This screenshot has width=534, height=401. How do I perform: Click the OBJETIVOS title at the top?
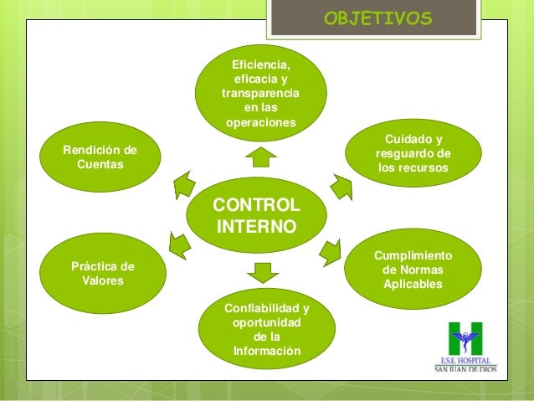[x=377, y=18]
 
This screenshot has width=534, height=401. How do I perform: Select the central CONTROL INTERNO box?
[x=259, y=216]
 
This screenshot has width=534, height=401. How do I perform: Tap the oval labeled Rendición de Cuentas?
[x=100, y=157]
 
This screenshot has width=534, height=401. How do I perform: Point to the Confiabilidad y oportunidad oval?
[x=266, y=329]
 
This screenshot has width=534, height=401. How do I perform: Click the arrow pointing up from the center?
[x=262, y=156]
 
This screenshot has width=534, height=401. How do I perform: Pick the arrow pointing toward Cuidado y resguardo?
[x=339, y=186]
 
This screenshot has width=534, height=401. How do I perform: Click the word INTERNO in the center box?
[x=256, y=227]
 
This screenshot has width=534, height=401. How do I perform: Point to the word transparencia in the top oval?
[x=261, y=94]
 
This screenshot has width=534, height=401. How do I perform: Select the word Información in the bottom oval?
[x=266, y=351]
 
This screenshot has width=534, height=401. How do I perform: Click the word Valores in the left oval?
[x=102, y=281]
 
